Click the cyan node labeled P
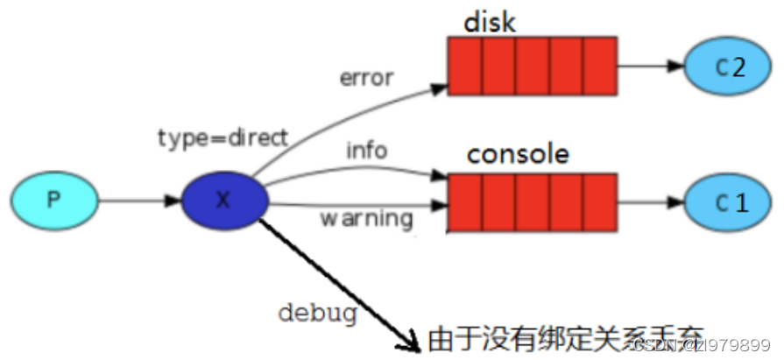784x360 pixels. (53, 200)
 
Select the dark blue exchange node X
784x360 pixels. (224, 200)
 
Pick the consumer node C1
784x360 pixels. (729, 203)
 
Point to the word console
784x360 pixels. (518, 154)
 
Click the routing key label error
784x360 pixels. (366, 77)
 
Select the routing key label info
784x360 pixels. (365, 151)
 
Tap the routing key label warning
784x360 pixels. (366, 216)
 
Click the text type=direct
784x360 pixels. (222, 138)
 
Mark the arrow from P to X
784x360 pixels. (137, 201)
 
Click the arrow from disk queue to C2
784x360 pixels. (649, 66)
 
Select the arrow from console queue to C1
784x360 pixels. (649, 201)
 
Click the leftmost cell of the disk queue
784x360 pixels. (464, 67)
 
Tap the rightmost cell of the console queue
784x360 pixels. (599, 201)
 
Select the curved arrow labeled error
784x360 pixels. (350, 109)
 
